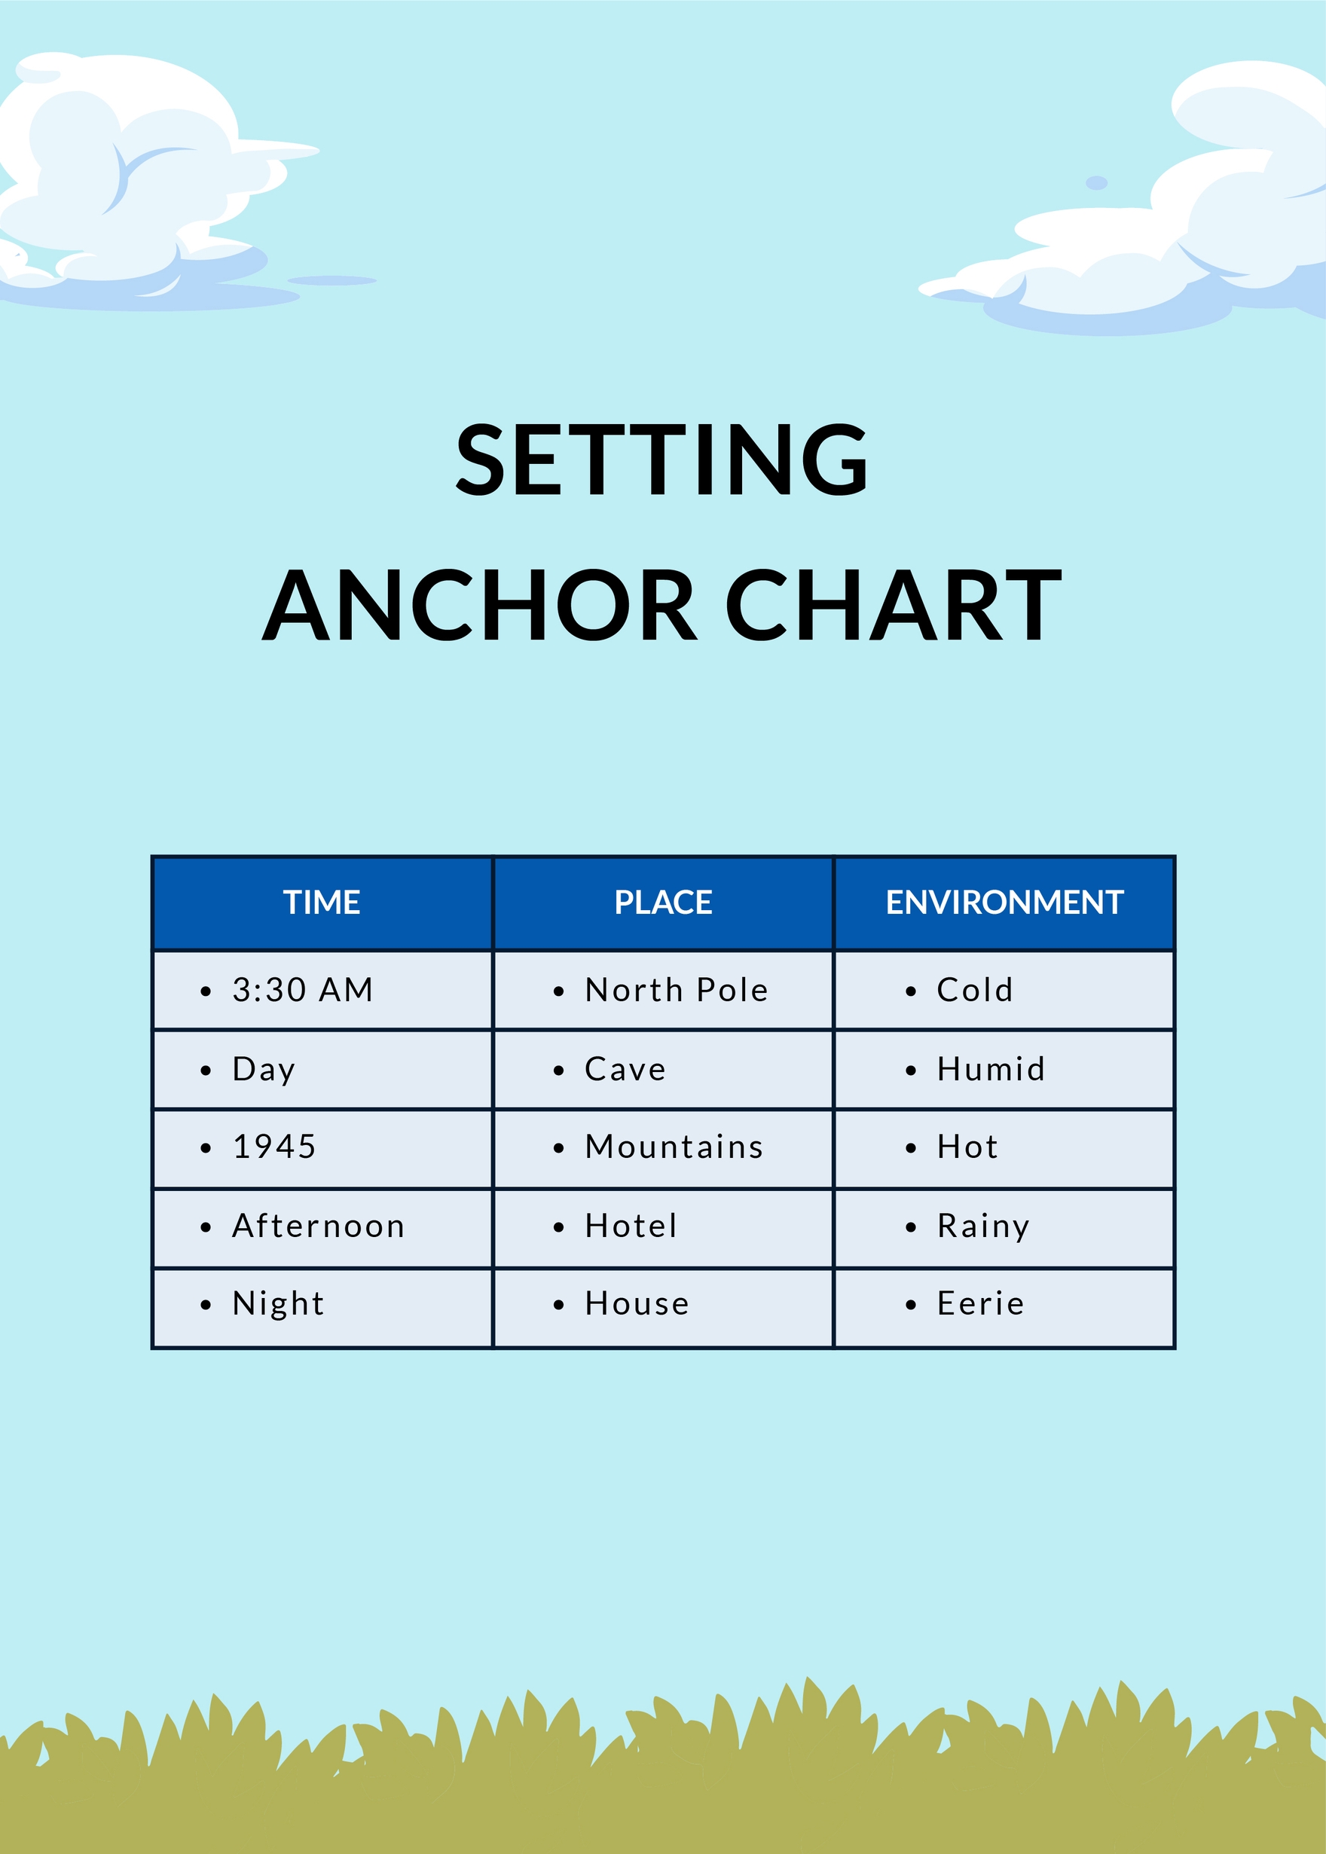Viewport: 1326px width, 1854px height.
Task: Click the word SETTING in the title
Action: pos(661,460)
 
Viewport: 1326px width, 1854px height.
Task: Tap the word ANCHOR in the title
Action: pos(480,605)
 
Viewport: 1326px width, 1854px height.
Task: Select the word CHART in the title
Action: pos(894,605)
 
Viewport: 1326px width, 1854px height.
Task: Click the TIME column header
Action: pos(322,902)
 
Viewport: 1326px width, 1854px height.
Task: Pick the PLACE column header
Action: pos(663,902)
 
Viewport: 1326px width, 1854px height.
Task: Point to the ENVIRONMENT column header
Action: pos(1004,902)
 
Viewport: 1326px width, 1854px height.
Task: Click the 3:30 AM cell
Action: pos(302,989)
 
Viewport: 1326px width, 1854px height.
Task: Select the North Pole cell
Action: pos(676,989)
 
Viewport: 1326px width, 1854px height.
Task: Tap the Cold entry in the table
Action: pos(974,989)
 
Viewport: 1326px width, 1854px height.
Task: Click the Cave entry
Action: pos(625,1069)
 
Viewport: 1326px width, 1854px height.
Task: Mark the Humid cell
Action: pos(991,1069)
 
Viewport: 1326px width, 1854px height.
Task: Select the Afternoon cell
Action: pos(319,1226)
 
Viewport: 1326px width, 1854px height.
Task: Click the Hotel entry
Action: pos(631,1226)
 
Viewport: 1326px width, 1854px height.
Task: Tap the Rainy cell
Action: pos(983,1226)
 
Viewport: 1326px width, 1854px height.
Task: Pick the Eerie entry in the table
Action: pos(979,1303)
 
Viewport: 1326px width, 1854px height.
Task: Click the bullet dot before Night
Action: pos(206,1306)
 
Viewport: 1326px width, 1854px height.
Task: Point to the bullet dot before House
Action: pos(558,1306)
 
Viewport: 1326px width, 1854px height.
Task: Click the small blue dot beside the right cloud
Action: pos(1096,183)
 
